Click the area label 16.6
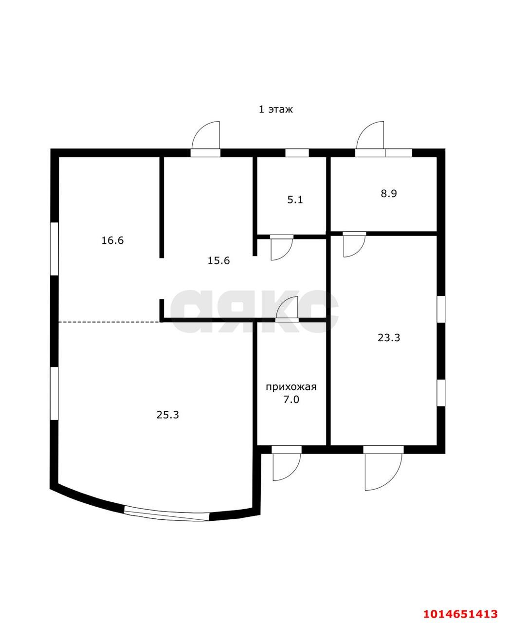(112, 240)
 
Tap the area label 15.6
(218, 260)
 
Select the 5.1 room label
(295, 200)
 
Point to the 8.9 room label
(389, 193)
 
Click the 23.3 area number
(389, 337)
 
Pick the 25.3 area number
(168, 415)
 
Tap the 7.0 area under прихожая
(291, 400)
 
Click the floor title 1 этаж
(275, 110)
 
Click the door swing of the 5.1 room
(280, 249)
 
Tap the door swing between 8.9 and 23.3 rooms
(353, 246)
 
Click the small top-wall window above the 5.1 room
(297, 153)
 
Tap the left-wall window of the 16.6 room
(55, 249)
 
